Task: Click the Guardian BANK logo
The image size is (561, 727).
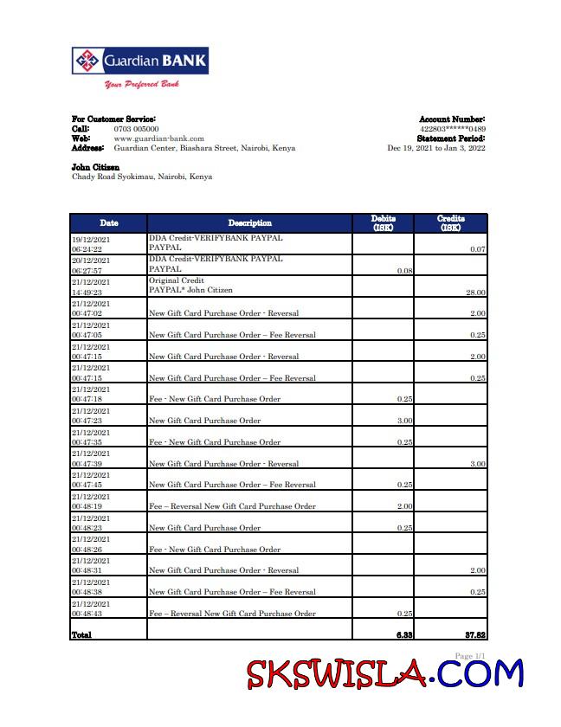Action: point(139,61)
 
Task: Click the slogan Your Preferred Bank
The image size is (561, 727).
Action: point(141,85)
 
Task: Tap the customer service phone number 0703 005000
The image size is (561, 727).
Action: point(136,129)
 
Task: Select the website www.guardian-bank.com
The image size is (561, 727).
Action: point(158,138)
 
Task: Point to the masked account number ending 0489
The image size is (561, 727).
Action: point(452,129)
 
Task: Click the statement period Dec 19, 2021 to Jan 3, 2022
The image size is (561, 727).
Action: point(435,148)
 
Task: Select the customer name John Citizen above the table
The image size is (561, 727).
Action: point(95,167)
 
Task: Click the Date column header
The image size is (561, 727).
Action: point(108,223)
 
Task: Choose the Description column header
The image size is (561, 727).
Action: point(249,223)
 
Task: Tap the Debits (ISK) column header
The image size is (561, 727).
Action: point(384,223)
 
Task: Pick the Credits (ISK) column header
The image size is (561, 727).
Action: point(451,223)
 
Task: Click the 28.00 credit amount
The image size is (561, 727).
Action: point(475,293)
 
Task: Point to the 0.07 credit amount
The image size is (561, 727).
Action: point(477,249)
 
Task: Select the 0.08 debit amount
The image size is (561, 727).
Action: point(404,271)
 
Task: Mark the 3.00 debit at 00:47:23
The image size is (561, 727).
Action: point(404,421)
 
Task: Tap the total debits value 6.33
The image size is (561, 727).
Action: point(403,635)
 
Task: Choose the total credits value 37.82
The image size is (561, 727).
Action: point(474,635)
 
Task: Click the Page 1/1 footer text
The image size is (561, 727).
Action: point(470,656)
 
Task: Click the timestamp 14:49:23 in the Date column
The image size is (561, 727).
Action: point(87,293)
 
